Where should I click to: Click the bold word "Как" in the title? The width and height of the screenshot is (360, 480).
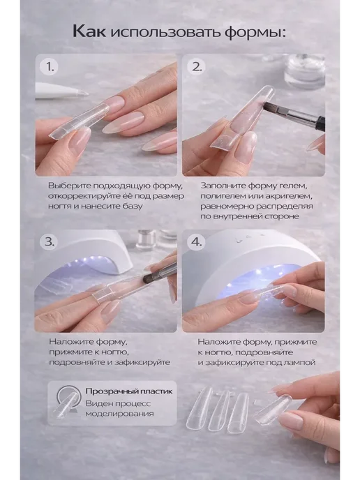[89, 31]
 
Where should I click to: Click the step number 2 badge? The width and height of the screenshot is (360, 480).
[197, 66]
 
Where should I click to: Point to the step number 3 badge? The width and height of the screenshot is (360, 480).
[49, 242]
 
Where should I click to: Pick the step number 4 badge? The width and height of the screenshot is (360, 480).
[197, 242]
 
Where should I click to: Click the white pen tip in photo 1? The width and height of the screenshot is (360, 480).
[82, 93]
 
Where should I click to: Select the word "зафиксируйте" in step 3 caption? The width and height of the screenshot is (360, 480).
[142, 363]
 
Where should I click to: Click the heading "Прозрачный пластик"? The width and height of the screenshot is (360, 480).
[129, 391]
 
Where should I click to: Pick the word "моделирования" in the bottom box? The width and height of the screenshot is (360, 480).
[119, 414]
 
